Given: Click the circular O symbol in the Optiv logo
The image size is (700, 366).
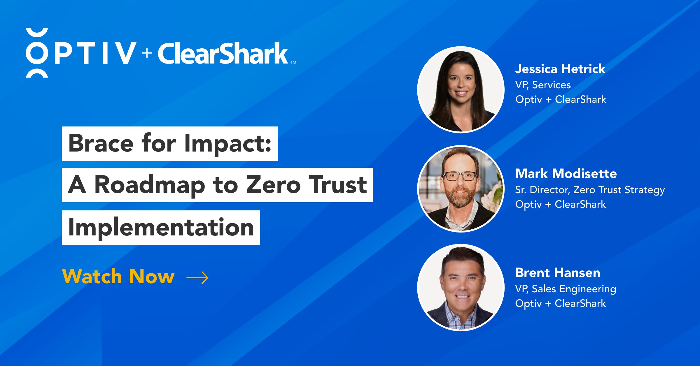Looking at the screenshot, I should [x=37, y=53].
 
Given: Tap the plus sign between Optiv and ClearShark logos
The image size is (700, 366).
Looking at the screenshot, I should [x=147, y=53].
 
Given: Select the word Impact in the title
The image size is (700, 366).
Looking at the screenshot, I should [x=228, y=144].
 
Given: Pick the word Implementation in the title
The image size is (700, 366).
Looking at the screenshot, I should [x=161, y=227].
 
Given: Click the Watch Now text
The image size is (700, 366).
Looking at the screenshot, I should [x=118, y=276].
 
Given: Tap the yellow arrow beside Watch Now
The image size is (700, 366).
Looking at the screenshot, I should [x=197, y=277].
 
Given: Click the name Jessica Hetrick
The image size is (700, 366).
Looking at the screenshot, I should [x=560, y=69].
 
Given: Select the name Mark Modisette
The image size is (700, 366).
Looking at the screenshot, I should [x=566, y=174].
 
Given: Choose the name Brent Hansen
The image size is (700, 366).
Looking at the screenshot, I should [x=558, y=273].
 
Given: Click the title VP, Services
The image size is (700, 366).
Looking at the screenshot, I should [x=543, y=85].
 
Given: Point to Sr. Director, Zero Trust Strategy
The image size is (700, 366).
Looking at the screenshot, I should [x=590, y=190].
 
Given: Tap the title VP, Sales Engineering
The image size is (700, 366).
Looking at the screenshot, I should [x=566, y=289].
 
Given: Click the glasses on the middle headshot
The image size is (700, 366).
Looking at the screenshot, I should [x=460, y=176].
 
